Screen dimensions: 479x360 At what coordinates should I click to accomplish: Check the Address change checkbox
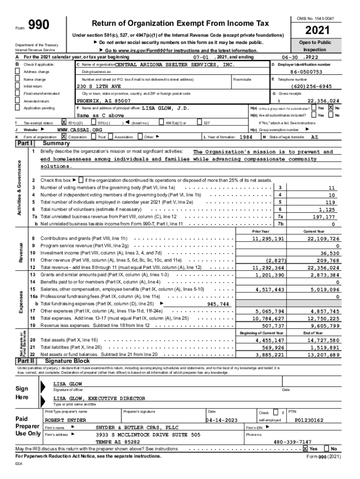[x=18, y=72]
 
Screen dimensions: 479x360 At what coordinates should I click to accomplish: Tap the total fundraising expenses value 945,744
[x=218, y=304]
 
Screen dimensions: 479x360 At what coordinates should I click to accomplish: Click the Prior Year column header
[x=260, y=232]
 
